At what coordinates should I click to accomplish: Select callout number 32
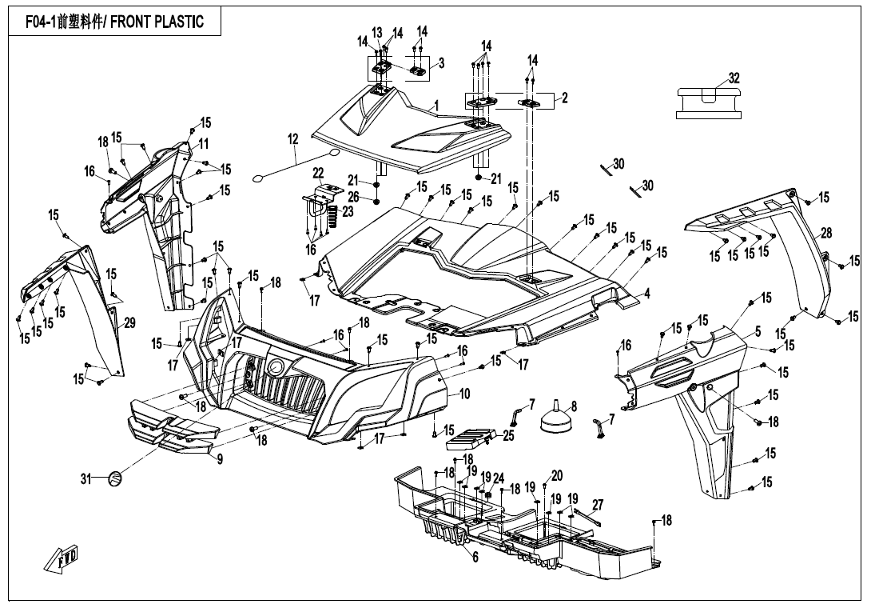734,78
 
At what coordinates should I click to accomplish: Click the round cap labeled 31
116,478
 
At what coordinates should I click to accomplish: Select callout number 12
292,139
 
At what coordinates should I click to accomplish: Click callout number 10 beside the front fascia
464,394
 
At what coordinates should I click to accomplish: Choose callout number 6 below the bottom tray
475,557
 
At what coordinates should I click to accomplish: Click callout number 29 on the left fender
129,323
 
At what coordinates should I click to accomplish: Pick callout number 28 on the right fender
826,233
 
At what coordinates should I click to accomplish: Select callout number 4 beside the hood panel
647,294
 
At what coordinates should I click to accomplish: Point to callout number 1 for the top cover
436,105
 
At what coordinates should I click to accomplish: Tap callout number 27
597,504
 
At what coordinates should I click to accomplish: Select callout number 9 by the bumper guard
220,459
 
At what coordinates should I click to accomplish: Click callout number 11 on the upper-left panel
204,144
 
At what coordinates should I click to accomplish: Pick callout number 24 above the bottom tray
499,478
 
